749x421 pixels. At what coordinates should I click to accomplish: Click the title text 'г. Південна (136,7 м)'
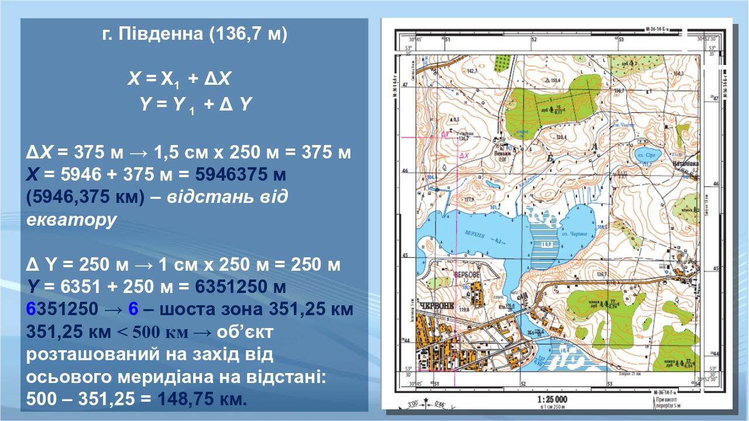coord(195,34)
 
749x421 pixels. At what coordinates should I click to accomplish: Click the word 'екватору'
coord(71,219)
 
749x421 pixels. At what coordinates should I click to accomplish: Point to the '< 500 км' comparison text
coord(153,332)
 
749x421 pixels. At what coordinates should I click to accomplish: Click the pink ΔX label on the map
coord(465,156)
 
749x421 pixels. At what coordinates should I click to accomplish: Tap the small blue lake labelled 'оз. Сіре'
coord(644,155)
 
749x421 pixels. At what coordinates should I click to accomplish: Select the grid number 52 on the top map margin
coord(533,40)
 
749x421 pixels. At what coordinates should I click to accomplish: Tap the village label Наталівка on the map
coord(686,164)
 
